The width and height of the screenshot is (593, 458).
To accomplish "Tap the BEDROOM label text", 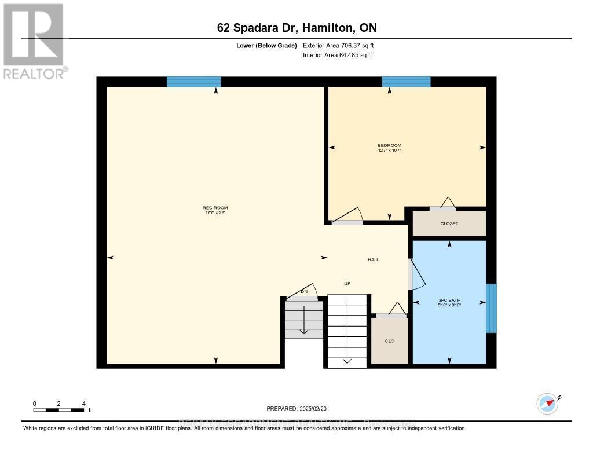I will click(x=389, y=145).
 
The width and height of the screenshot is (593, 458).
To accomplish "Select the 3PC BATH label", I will click(x=449, y=301).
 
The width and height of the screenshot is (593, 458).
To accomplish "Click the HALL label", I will click(x=374, y=259).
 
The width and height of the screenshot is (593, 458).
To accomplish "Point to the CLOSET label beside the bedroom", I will click(x=449, y=223).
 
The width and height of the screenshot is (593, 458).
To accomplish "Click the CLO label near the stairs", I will click(x=389, y=341).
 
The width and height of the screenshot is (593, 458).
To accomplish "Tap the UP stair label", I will click(x=347, y=283).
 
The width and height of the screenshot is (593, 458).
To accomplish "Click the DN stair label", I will click(x=304, y=291).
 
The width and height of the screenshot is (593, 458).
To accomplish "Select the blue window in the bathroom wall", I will click(x=491, y=308).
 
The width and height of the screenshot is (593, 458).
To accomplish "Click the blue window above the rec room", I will click(x=193, y=82).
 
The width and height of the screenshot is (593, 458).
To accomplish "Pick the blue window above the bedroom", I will click(x=406, y=82).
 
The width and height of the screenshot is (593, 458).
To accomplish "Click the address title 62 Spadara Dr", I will click(x=296, y=28).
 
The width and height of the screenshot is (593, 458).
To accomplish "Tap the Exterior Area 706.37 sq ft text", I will click(x=342, y=45).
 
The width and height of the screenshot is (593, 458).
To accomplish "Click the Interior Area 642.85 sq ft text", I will click(x=337, y=55).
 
